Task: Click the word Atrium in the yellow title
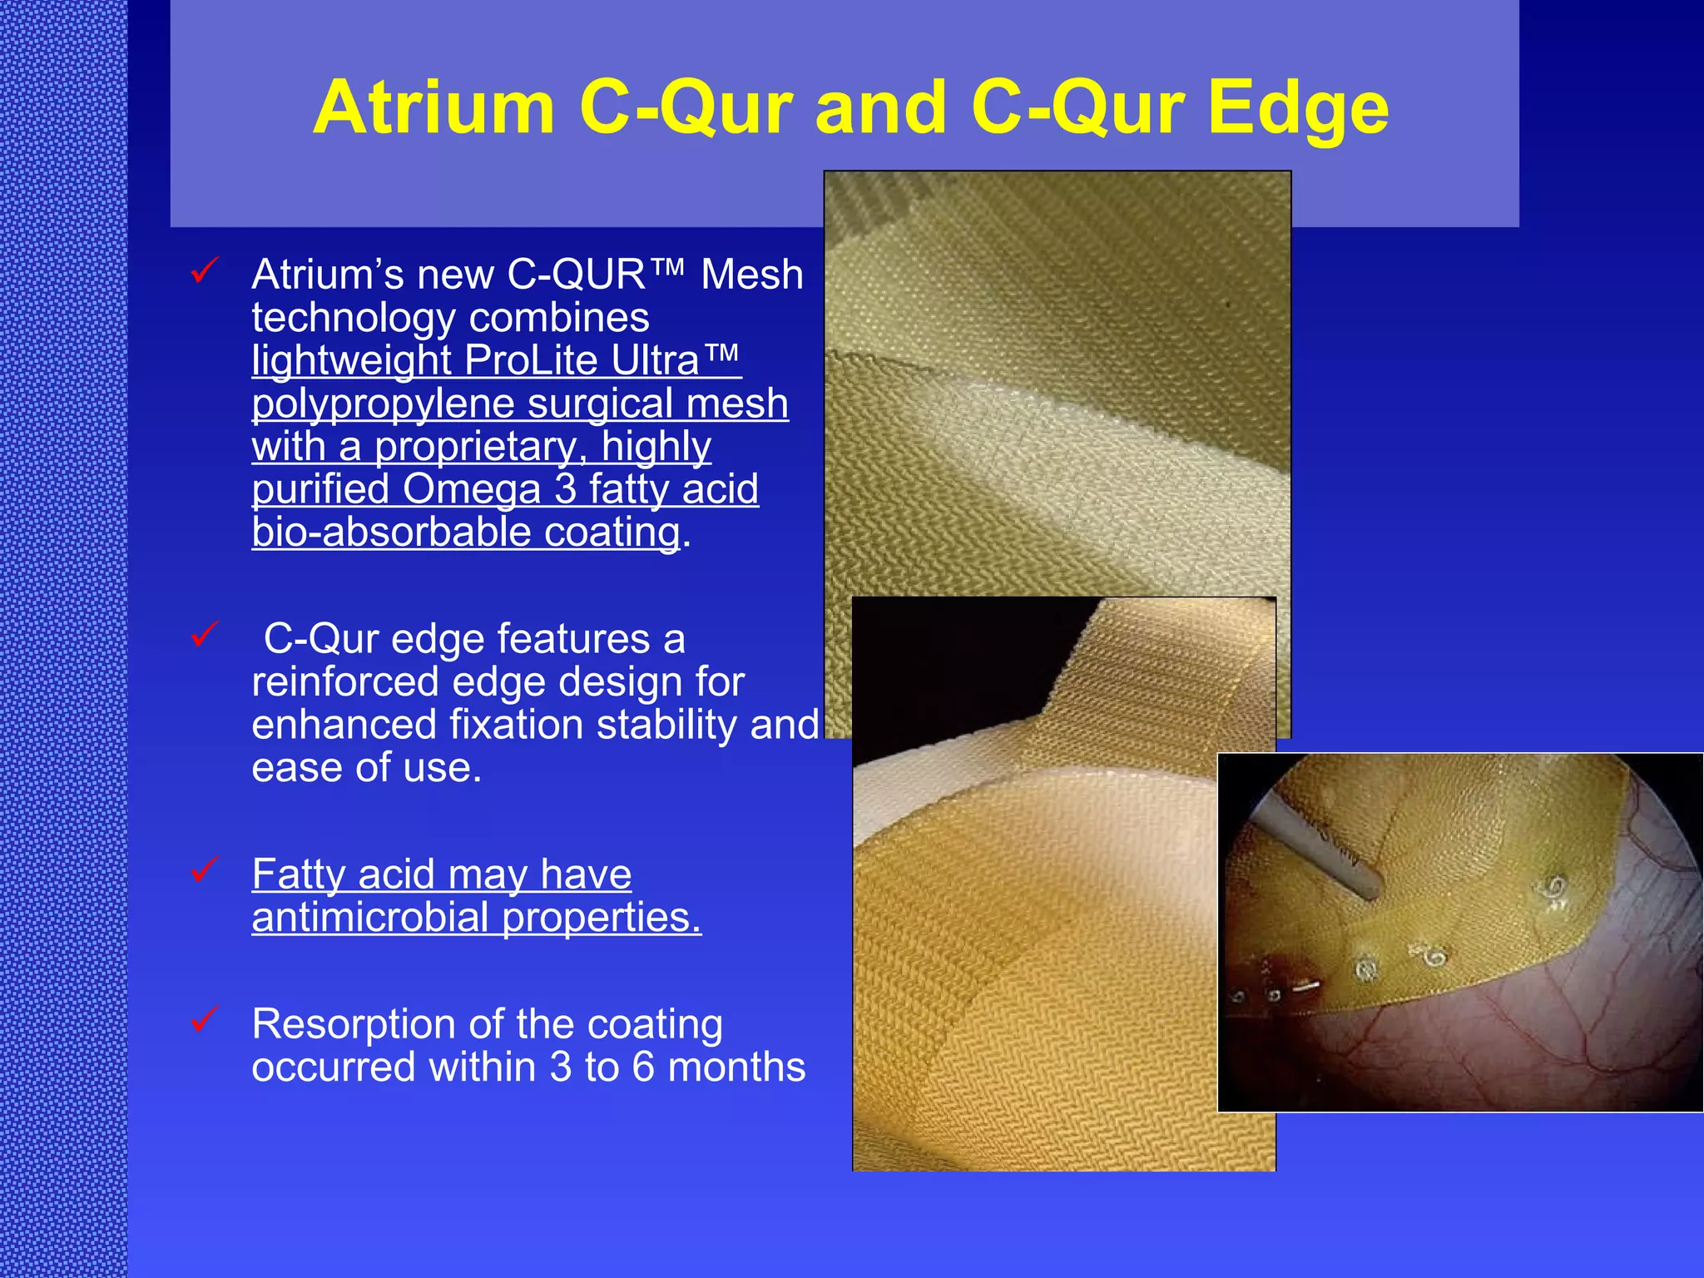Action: (x=433, y=108)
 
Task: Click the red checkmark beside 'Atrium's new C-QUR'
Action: (x=204, y=270)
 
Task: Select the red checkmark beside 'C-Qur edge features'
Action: (x=204, y=634)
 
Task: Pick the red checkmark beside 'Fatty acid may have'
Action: (x=204, y=869)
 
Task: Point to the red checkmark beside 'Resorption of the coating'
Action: (x=204, y=1019)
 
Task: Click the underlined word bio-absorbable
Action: (x=390, y=532)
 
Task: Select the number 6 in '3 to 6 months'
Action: (x=643, y=1067)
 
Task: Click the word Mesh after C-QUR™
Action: (x=751, y=275)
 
